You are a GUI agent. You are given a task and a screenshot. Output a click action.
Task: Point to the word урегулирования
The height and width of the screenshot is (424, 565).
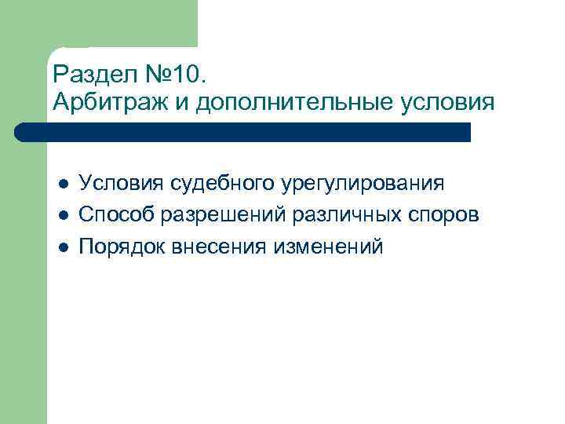pyautogui.click(x=362, y=184)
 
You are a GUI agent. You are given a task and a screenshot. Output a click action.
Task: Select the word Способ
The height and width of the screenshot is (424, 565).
pyautogui.click(x=114, y=215)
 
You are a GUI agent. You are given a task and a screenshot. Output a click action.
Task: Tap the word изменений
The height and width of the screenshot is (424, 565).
pyautogui.click(x=330, y=247)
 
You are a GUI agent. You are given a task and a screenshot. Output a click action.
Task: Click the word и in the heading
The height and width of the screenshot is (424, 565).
pyautogui.click(x=187, y=103)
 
